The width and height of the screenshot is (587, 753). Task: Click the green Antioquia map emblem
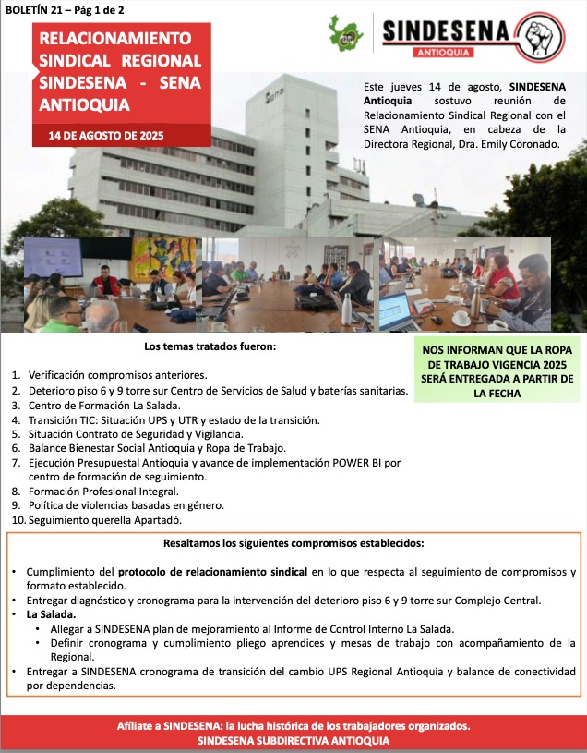point(350,35)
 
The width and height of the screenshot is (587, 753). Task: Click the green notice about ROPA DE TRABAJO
point(499,368)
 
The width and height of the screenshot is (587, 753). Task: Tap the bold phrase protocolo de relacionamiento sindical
point(212,572)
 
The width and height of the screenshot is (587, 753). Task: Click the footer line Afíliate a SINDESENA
point(293,725)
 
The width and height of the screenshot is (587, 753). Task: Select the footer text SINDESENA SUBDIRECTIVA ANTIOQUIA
point(293,741)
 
